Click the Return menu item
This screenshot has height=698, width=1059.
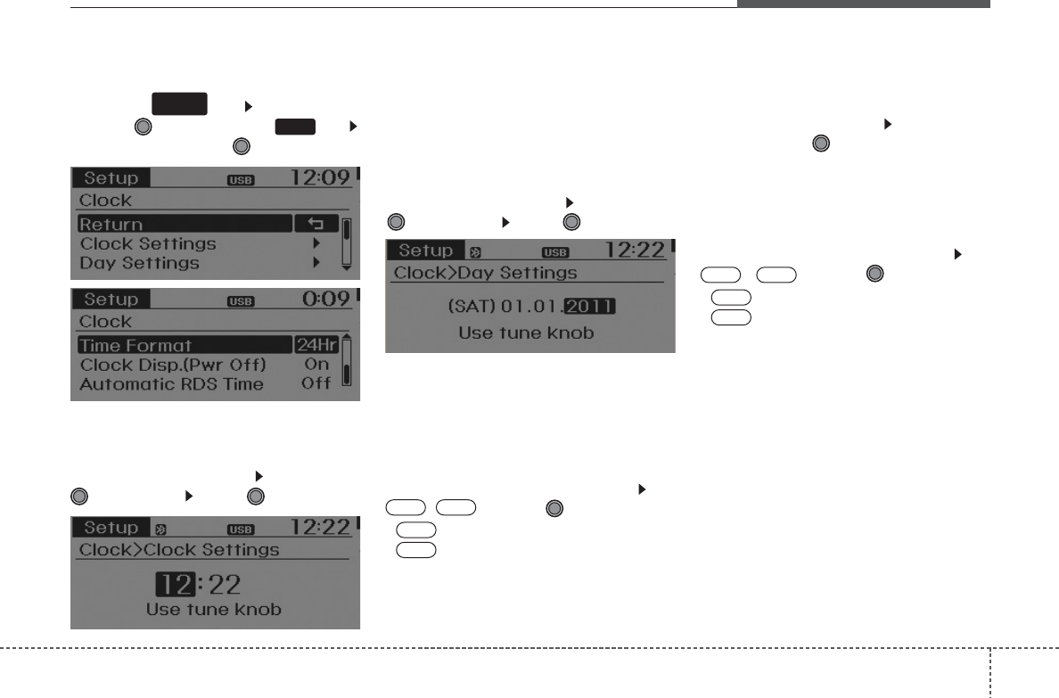pos(111,224)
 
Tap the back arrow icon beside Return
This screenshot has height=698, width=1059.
pos(316,224)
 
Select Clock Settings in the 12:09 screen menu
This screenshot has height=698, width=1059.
pos(148,243)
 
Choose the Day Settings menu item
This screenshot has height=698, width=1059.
pos(140,263)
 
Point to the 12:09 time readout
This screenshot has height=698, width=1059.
pos(322,178)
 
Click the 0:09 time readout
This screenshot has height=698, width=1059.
pos(326,300)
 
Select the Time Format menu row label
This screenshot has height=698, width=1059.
pos(135,345)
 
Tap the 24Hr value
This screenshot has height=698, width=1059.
pos(316,345)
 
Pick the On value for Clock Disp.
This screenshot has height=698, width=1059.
pos(316,365)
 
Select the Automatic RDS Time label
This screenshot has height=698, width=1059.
pos(171,384)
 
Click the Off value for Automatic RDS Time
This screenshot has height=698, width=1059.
pos(316,384)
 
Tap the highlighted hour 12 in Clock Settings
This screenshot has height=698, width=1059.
pos(174,585)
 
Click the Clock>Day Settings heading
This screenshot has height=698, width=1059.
pos(486,272)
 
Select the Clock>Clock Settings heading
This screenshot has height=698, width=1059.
pos(179,549)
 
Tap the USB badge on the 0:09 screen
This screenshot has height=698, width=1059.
pos(241,301)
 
